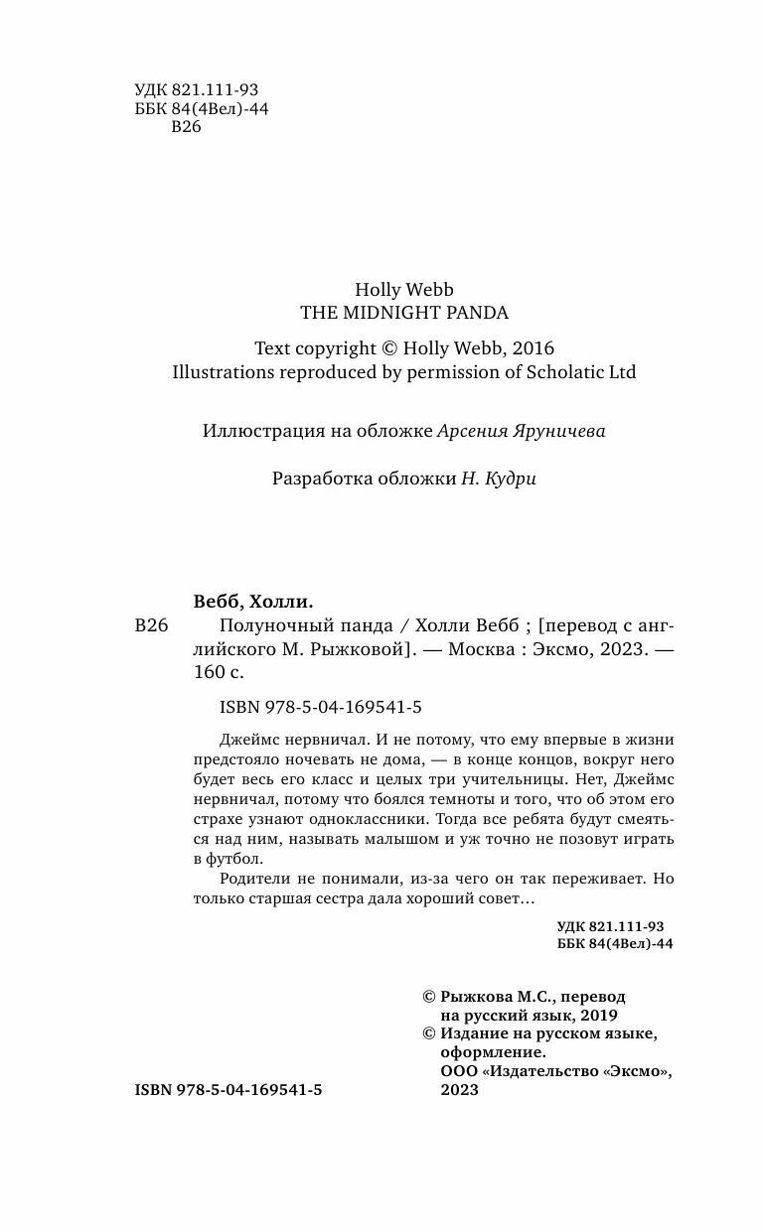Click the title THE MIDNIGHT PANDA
(x=404, y=312)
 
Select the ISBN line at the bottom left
(x=228, y=1089)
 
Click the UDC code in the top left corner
(x=195, y=89)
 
